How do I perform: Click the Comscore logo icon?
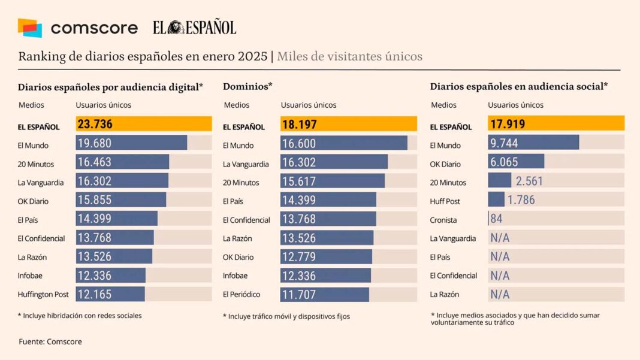click(x=30, y=28)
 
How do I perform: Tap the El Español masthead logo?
click(x=194, y=28)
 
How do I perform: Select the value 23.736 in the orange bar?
click(x=95, y=124)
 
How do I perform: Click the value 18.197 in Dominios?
click(x=299, y=125)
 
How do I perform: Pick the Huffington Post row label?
click(x=43, y=294)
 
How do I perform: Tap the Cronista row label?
click(x=443, y=220)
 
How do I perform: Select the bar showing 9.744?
click(x=533, y=143)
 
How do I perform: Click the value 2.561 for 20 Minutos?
click(x=529, y=181)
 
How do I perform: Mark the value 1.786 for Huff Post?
click(x=521, y=199)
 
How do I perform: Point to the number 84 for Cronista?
click(x=496, y=219)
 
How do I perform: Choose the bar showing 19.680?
click(x=131, y=143)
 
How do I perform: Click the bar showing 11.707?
click(x=324, y=294)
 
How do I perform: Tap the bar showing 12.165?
click(x=110, y=294)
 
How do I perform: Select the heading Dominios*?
click(x=247, y=86)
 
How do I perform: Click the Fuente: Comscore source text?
click(x=50, y=341)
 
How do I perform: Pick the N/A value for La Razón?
click(x=500, y=294)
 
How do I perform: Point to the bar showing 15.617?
click(x=332, y=181)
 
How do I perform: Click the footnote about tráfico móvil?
click(x=286, y=316)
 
